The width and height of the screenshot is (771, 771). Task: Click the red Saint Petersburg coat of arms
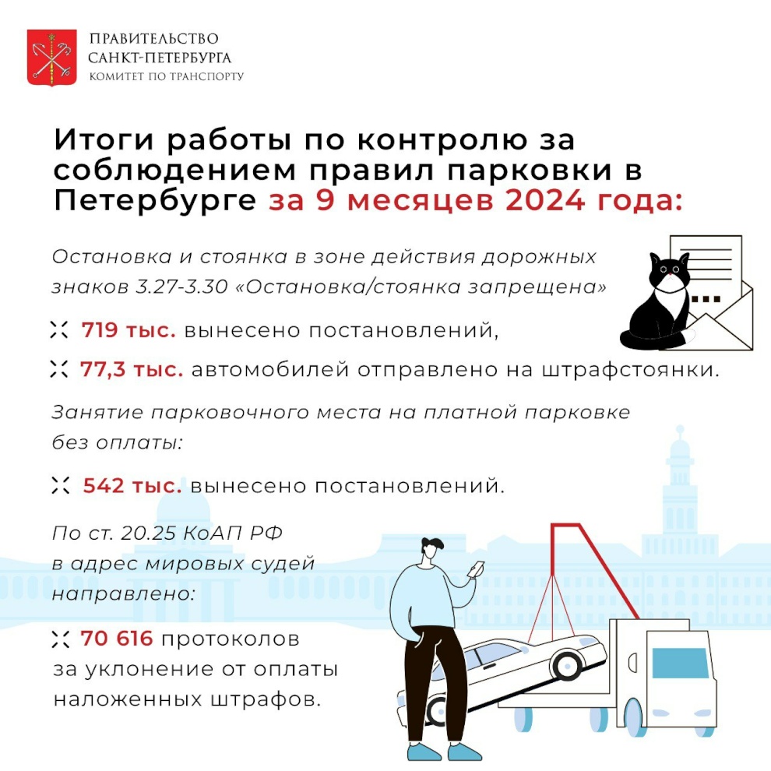(51, 58)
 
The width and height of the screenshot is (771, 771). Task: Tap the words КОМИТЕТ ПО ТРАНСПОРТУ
(166, 76)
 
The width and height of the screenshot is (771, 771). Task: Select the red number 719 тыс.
(128, 330)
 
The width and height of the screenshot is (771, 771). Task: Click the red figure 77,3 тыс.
(132, 369)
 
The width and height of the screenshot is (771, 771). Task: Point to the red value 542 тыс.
(132, 486)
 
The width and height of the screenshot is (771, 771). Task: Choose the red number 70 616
(117, 639)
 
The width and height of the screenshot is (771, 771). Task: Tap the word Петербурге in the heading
(155, 202)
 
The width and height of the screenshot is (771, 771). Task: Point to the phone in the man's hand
(477, 569)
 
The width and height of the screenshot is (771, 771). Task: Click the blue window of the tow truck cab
(680, 663)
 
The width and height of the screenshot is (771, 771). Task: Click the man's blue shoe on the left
(424, 753)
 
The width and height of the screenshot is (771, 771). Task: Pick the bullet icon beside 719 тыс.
(59, 330)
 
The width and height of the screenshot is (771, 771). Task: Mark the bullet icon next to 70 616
(61, 639)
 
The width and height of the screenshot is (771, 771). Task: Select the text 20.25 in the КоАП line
(147, 533)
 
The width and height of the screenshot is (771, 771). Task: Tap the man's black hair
(432, 544)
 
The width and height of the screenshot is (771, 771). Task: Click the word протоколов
(230, 639)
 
